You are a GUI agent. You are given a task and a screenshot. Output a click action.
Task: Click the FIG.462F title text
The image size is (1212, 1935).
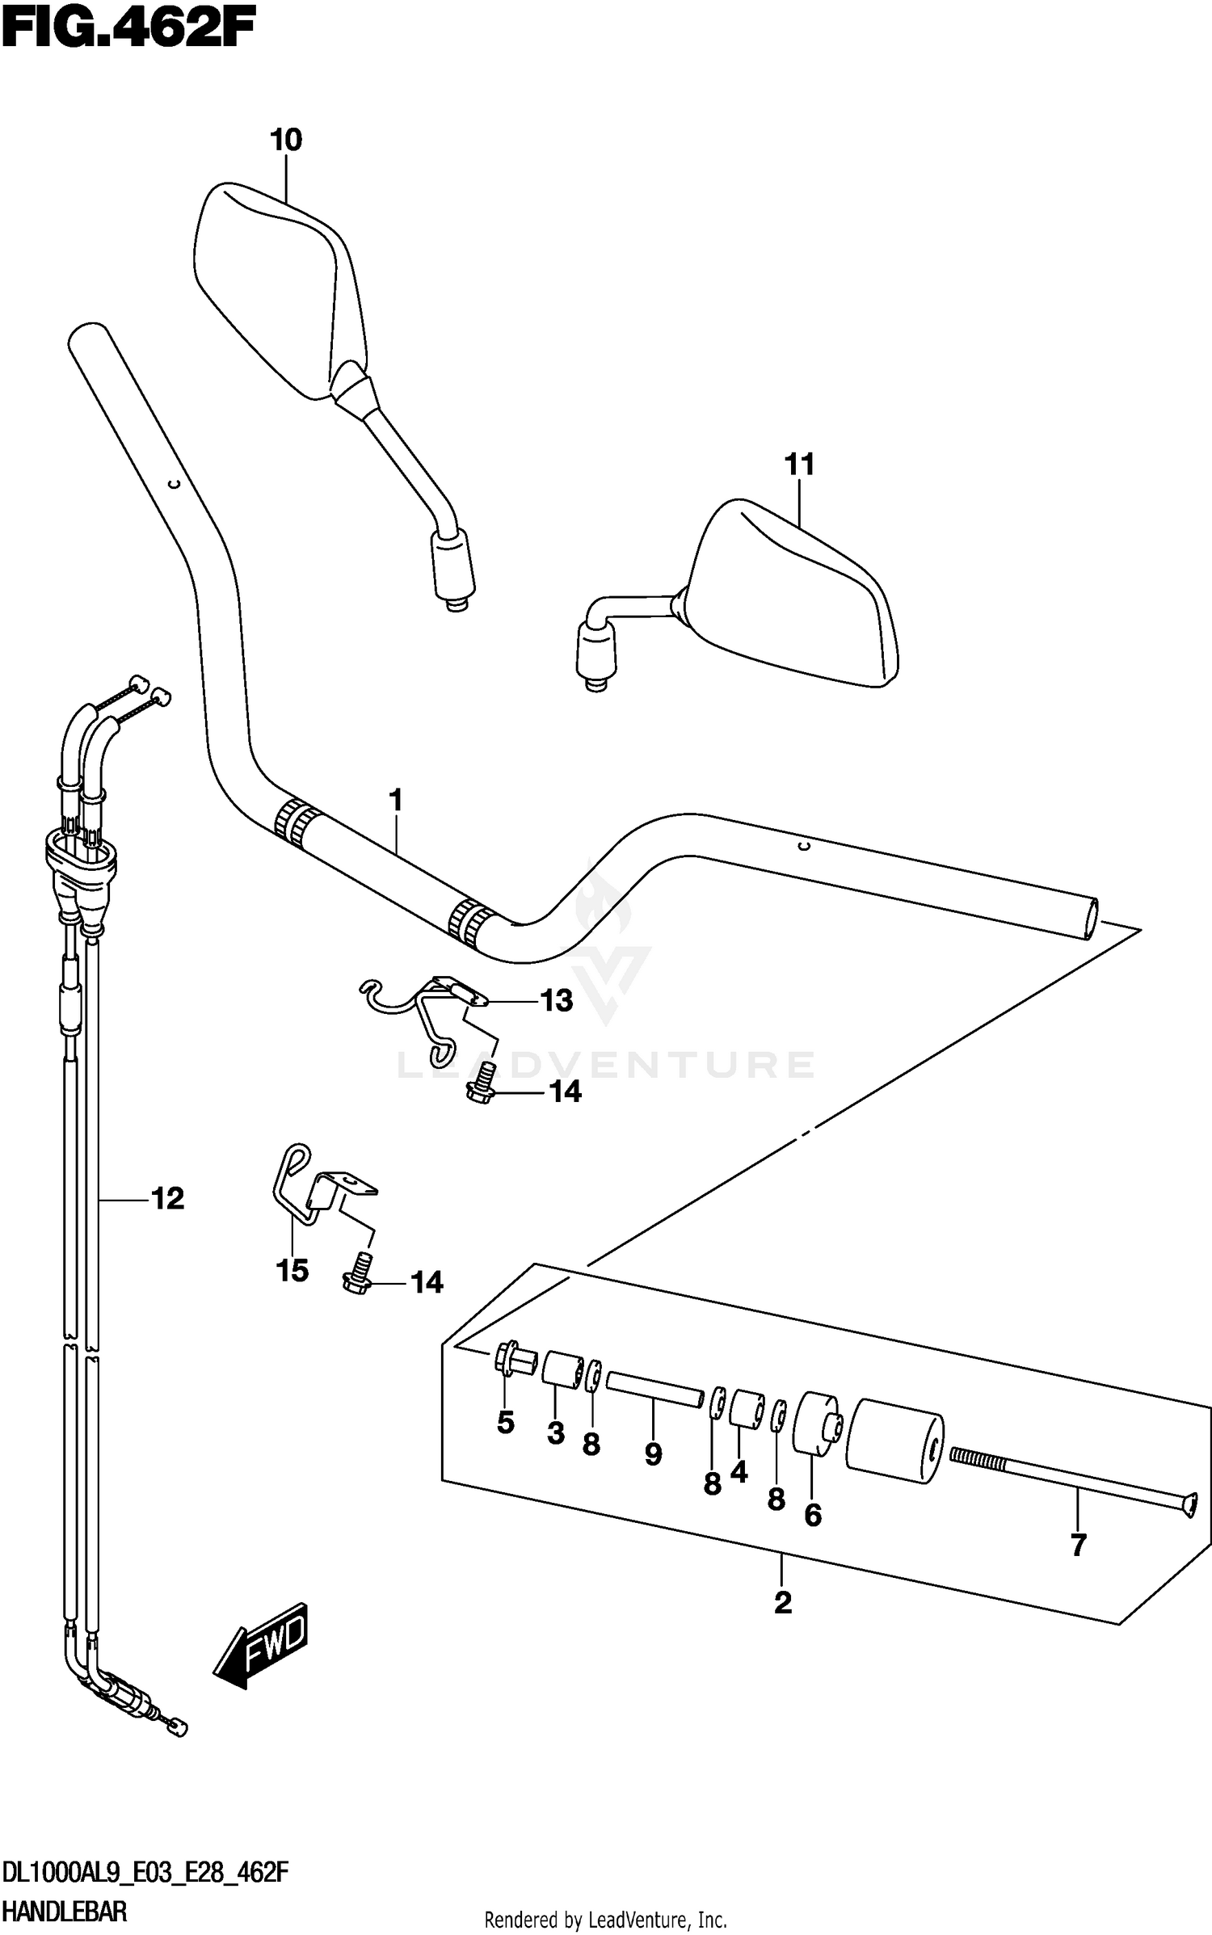pyautogui.click(x=129, y=32)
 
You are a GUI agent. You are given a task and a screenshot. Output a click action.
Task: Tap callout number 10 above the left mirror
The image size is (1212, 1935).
pyautogui.click(x=286, y=141)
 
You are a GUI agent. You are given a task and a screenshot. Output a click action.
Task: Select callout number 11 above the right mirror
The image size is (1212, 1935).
pyautogui.click(x=800, y=465)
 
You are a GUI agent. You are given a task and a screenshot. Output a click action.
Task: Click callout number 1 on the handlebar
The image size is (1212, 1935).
pyautogui.click(x=395, y=801)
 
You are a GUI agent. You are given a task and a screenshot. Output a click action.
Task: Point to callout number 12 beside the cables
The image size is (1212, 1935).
pyautogui.click(x=168, y=1198)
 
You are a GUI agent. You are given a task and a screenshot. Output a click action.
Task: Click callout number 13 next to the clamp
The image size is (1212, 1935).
pyautogui.click(x=556, y=1001)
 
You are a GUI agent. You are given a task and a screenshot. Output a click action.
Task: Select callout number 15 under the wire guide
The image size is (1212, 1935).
pyautogui.click(x=292, y=1271)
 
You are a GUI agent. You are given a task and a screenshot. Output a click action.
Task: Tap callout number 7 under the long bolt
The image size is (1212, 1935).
pyautogui.click(x=1078, y=1546)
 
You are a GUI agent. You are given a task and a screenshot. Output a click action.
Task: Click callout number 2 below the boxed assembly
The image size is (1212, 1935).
pyautogui.click(x=782, y=1603)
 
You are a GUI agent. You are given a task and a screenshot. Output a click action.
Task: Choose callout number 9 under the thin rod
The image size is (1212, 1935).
pyautogui.click(x=653, y=1455)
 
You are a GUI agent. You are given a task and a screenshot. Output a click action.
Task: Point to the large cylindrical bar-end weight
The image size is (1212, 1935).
pyautogui.click(x=894, y=1442)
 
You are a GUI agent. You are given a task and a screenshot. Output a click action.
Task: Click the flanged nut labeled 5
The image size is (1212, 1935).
pyautogui.click(x=510, y=1360)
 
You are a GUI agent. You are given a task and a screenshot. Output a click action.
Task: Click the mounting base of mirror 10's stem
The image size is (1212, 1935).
pyautogui.click(x=453, y=566)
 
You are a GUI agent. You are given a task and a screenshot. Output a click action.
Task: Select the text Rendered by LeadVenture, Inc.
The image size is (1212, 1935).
pyautogui.click(x=605, y=1914)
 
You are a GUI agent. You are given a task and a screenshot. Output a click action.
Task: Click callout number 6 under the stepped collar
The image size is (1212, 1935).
pyautogui.click(x=813, y=1515)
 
